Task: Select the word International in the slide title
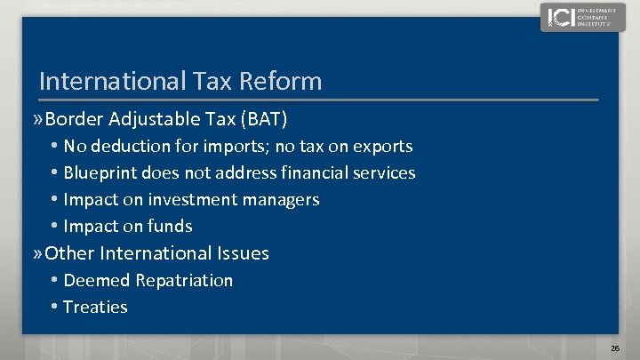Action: (109, 82)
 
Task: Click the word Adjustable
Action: (152, 118)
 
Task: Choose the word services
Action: (382, 172)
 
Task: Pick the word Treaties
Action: (96, 307)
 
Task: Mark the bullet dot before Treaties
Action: (55, 307)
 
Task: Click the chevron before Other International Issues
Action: (36, 253)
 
